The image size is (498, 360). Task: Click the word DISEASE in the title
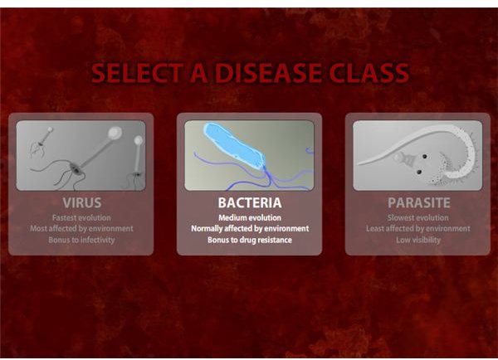[269, 73]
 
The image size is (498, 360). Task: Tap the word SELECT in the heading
[137, 73]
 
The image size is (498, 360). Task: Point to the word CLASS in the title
[371, 73]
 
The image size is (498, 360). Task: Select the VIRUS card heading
[82, 203]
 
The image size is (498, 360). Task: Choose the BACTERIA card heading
[250, 203]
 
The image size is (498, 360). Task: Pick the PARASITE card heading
[419, 203]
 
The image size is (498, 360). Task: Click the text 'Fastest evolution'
[81, 218]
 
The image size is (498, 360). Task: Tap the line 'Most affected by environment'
[81, 229]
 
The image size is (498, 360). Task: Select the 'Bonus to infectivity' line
[81, 240]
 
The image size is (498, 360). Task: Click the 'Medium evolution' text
[250, 218]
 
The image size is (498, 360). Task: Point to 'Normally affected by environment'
[250, 229]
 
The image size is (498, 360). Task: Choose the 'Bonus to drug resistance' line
[250, 240]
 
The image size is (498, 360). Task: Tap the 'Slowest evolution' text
[418, 218]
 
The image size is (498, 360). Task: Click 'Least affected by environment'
[418, 229]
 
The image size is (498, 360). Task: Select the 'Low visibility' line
[418, 240]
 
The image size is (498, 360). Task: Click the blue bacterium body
[234, 146]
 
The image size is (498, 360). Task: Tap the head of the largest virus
[115, 133]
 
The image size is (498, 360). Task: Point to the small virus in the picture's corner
[41, 142]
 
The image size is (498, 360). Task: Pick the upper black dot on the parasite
[424, 157]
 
